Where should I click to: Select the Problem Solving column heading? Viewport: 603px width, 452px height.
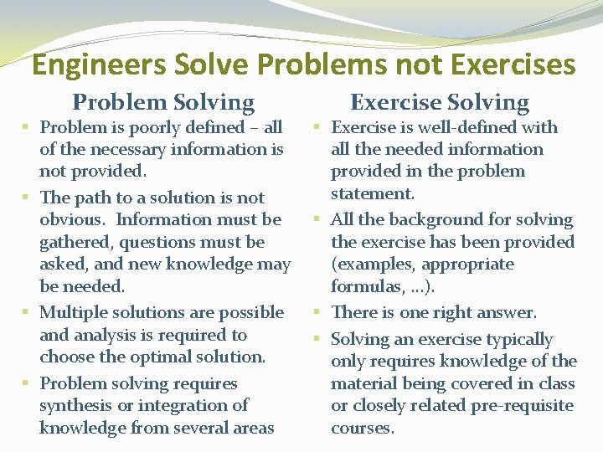(163, 103)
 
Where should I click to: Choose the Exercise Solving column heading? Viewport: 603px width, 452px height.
(440, 103)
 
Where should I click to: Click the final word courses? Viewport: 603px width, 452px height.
(362, 428)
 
